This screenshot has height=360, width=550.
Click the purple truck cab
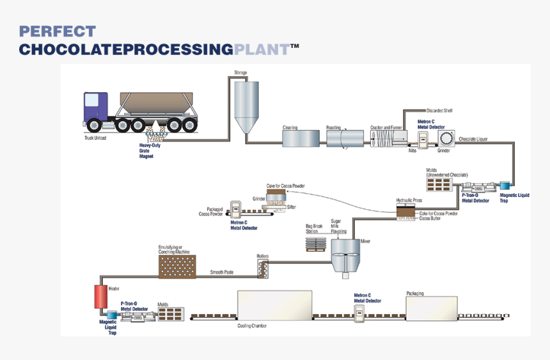(x=95, y=107)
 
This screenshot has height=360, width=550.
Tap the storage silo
(x=244, y=106)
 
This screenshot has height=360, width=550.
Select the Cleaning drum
(x=301, y=139)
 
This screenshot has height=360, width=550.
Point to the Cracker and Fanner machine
(x=386, y=139)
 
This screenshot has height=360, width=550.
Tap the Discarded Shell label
(x=439, y=111)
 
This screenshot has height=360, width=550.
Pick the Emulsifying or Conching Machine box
(x=177, y=266)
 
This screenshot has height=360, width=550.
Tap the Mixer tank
(x=345, y=253)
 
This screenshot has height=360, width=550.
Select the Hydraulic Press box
(x=405, y=213)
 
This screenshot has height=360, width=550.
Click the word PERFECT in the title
(x=58, y=31)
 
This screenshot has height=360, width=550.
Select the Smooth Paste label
(x=222, y=272)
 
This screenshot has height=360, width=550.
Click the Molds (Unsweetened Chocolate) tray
(x=439, y=185)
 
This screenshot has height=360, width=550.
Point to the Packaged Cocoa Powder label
(x=210, y=212)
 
